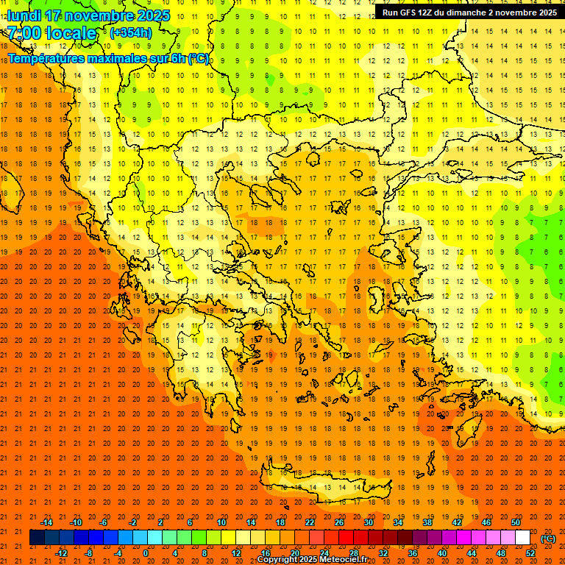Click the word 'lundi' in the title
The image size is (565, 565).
24,15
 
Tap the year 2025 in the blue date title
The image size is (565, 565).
152,15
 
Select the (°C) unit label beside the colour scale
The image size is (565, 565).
548,539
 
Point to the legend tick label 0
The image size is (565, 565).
146,553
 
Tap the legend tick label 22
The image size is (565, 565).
310,522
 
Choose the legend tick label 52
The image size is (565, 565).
530,553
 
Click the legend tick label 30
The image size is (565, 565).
369,522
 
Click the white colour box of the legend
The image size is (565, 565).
522,538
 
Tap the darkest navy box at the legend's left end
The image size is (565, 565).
37,538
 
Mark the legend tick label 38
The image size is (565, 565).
427,522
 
